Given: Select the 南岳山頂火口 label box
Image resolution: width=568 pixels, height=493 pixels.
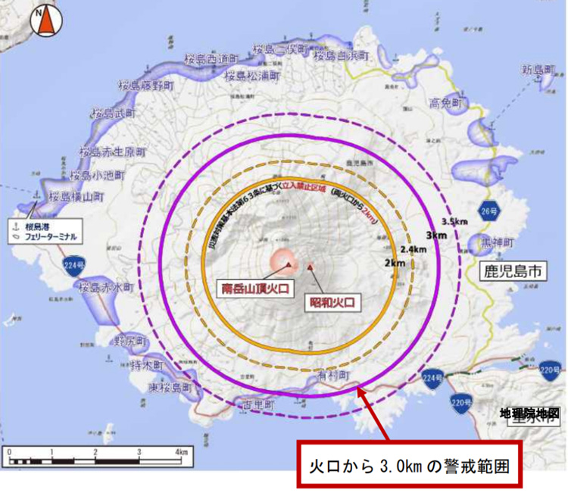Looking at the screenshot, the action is coord(260,289).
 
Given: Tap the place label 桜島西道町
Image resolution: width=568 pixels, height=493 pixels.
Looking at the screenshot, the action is coord(209,57).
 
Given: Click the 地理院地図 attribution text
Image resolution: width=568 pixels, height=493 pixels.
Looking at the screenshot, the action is coord(529,413).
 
